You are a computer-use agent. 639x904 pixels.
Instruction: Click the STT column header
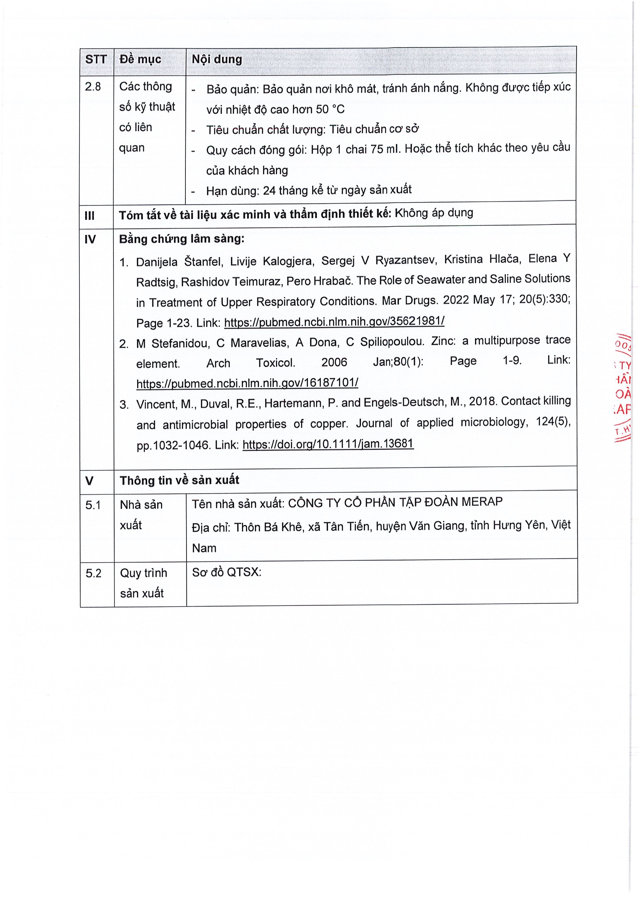coord(96,59)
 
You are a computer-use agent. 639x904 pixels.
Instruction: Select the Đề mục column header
coord(140,59)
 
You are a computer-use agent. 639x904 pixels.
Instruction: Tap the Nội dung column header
coord(217,59)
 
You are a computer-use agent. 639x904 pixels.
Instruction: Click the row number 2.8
coord(93,87)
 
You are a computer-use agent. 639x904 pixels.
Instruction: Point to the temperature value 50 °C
coord(330,109)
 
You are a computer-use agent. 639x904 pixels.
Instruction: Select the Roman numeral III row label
coord(90,216)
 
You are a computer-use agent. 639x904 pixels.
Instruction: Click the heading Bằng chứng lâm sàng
coord(181,239)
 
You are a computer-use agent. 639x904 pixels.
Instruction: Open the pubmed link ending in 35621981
coord(334,321)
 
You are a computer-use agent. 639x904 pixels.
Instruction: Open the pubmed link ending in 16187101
coord(247,382)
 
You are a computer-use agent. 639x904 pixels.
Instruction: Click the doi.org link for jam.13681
coord(328,444)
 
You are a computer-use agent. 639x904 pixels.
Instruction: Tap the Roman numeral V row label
coord(89,481)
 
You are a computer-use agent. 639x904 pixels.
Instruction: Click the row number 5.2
coord(94,573)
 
